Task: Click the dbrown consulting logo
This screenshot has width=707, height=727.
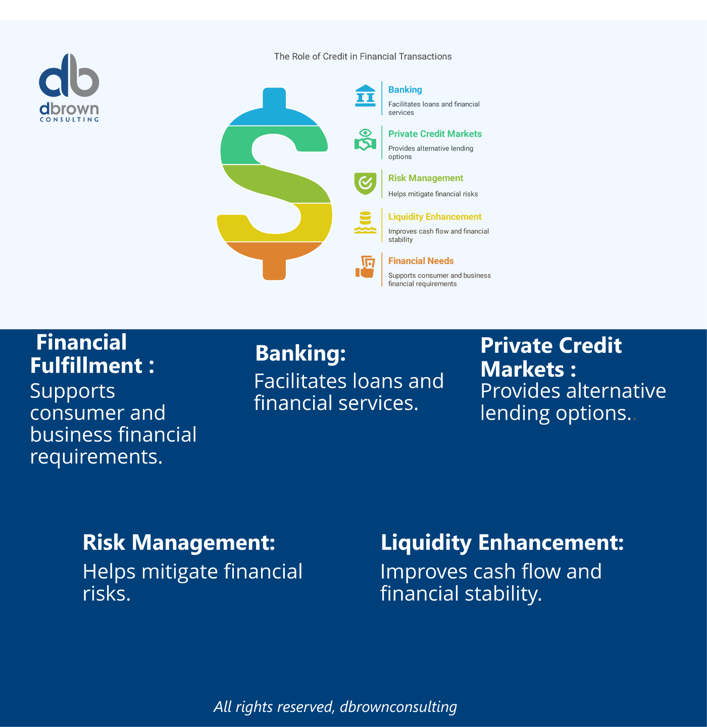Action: (x=69, y=87)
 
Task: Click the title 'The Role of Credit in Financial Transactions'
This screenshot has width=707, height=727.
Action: (x=363, y=57)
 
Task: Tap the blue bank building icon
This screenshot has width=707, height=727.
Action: (x=365, y=95)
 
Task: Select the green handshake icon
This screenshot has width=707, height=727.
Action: (x=365, y=140)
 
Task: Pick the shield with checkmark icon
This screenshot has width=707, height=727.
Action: (x=365, y=184)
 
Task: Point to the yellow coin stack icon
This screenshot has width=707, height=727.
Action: (x=365, y=222)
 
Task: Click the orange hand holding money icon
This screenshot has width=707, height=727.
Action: (x=365, y=267)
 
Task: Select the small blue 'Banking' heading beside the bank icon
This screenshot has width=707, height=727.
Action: (x=405, y=90)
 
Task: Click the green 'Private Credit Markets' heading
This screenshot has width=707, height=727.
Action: (x=435, y=134)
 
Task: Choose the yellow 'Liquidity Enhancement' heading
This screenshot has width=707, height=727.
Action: (x=435, y=217)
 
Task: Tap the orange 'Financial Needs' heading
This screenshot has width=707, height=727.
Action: (x=421, y=261)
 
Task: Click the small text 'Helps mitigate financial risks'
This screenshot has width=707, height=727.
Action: (x=433, y=194)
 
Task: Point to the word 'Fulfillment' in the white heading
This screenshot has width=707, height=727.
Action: (x=86, y=366)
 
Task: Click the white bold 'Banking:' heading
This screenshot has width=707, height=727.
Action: (x=300, y=353)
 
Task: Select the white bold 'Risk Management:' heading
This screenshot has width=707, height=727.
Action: (x=179, y=542)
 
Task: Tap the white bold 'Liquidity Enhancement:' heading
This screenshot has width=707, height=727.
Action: (x=502, y=542)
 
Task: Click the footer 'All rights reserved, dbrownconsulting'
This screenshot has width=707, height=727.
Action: (x=335, y=706)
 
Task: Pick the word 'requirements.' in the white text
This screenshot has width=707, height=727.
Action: (x=96, y=456)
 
